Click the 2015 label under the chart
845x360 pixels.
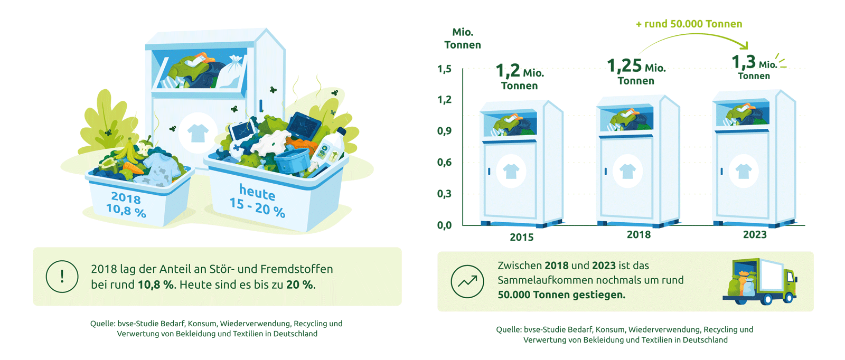coord(522,237)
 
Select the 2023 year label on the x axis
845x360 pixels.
coord(755,234)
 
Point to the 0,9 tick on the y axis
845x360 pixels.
coord(444,131)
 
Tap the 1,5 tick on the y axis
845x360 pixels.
coord(444,69)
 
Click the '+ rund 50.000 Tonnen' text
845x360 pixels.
coord(689,24)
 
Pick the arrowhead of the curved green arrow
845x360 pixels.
coord(744,45)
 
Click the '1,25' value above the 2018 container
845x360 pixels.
coord(624,65)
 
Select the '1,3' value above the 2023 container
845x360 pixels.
coord(743,62)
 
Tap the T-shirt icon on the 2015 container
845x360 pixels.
coord(511,171)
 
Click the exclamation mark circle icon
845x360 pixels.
coord(62,276)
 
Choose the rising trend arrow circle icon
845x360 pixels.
coord(467,281)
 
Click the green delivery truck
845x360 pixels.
coord(760,281)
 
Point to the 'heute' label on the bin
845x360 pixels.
coord(257,192)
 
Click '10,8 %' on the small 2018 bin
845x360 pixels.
coord(126,210)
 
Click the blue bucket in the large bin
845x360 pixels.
coord(292,160)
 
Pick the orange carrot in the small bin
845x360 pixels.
coord(133,168)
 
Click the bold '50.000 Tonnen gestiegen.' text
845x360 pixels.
coord(561,295)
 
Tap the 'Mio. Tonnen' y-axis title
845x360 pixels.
coord(463,39)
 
